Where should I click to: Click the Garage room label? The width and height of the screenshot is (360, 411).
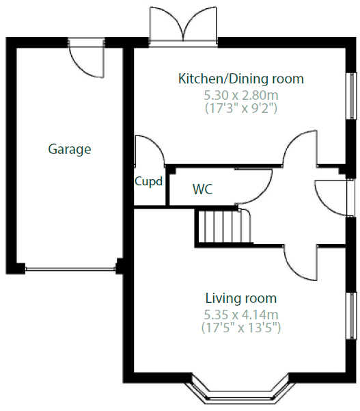coord(70,148)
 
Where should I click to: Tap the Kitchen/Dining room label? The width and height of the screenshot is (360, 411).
coord(240,79)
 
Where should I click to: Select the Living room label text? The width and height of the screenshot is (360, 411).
coord(241,298)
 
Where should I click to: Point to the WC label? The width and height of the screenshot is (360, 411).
coord(202,189)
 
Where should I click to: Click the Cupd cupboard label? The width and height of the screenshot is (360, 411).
coord(148,182)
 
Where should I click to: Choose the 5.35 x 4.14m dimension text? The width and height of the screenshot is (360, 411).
coord(241,314)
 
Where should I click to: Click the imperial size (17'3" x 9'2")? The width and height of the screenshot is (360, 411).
coord(240,107)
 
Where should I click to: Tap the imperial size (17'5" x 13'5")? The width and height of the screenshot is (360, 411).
coord(241,328)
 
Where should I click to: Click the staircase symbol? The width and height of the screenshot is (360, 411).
coord(223,227)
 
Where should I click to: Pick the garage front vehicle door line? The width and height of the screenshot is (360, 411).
coord(70,268)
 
